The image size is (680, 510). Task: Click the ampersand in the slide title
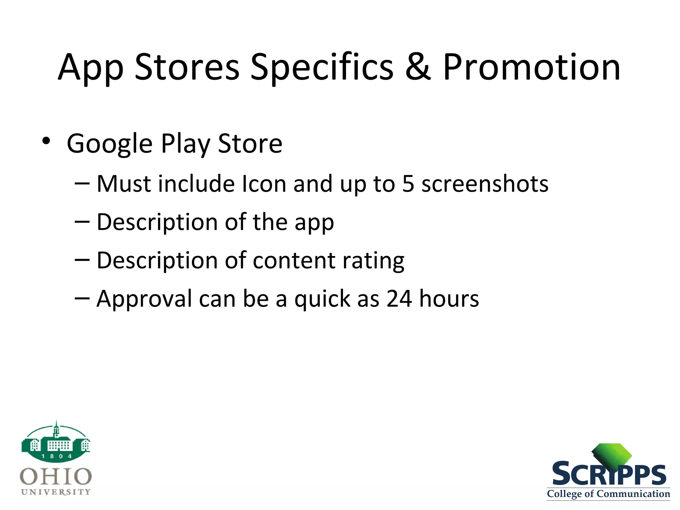coord(418,67)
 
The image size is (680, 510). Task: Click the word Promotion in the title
coord(531,67)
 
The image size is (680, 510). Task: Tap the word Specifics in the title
coord(321,67)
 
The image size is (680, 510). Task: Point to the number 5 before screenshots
coord(408,184)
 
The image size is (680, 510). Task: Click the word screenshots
coord(485,184)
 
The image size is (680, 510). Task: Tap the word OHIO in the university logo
coord(56,477)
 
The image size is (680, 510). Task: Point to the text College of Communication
coord(608,494)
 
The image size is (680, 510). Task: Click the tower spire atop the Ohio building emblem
coord(56,427)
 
